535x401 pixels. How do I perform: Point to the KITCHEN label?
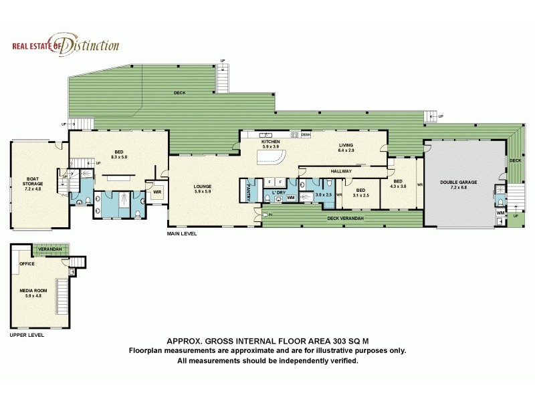point(270,142)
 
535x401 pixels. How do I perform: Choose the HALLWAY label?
point(340,172)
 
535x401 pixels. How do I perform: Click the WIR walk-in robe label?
point(157,192)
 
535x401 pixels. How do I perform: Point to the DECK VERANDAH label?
point(342,219)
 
